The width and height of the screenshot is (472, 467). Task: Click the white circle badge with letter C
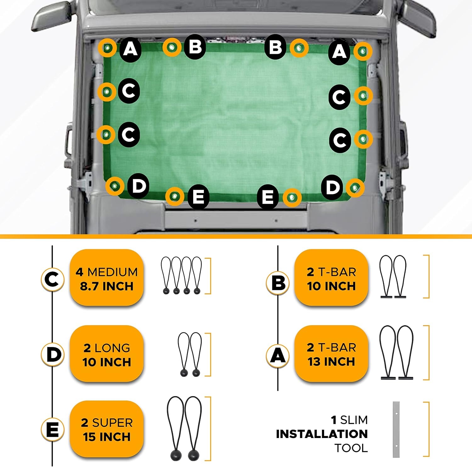tap(53, 279)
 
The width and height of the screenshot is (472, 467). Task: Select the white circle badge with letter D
tap(53, 354)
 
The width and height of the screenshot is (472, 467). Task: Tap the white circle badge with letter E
tap(53, 430)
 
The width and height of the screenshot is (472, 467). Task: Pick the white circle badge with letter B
tap(278, 283)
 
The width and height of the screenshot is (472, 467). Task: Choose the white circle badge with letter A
tap(278, 356)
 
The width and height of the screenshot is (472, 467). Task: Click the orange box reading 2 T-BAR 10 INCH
tap(331, 278)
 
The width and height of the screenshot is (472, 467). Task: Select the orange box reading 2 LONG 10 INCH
tap(107, 354)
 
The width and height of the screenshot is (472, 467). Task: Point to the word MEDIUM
tap(113, 272)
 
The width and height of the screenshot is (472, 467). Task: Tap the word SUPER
tap(112, 423)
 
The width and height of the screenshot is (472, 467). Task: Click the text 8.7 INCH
tap(107, 286)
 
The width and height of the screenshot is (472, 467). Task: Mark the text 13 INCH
tap(331, 361)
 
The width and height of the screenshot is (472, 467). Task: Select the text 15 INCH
tap(107, 437)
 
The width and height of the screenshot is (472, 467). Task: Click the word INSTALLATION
tap(322, 434)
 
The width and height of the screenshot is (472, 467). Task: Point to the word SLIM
tap(354, 420)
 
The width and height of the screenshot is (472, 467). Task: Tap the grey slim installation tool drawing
tap(396, 430)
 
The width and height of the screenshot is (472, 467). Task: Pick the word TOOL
tap(351, 448)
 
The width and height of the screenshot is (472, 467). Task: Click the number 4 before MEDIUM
tap(79, 272)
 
